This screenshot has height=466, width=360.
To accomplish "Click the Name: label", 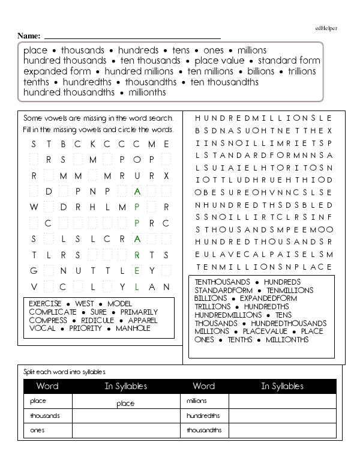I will coord(29,36).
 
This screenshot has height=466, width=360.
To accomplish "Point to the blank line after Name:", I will coord(132,38).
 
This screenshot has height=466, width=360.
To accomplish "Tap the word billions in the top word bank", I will coord(260,71).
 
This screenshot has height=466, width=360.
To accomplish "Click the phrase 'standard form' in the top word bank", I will coord(289,61).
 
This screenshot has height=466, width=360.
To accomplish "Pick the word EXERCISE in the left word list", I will coord(45,304).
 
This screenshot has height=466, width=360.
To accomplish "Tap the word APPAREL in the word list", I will coord(143,320).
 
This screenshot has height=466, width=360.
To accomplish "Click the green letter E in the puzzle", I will coord(137,270).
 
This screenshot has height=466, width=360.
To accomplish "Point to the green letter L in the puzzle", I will coord(137,286).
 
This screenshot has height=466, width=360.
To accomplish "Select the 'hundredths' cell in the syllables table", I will coord(203,416).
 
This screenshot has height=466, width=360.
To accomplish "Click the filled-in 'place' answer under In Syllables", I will coord(125,404).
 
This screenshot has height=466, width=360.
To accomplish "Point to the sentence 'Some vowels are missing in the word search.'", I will coord(98,118).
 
